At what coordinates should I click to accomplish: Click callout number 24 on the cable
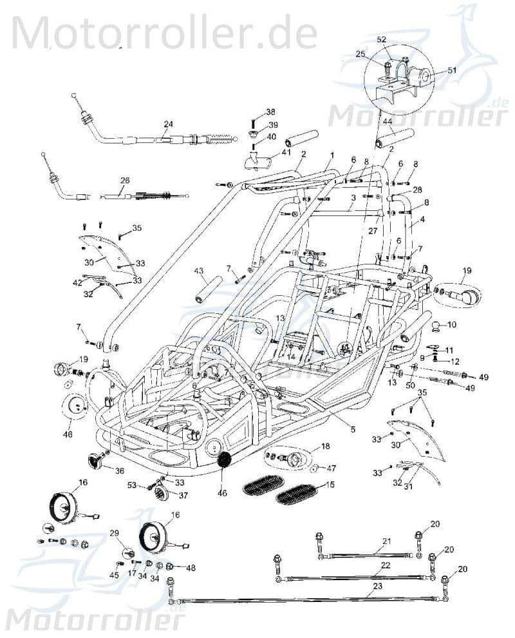point(168,124)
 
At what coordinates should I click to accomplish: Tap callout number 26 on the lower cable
point(125,181)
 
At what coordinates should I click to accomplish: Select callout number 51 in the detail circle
point(451,71)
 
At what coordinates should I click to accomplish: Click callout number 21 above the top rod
point(386,541)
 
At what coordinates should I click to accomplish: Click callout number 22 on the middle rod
point(385,565)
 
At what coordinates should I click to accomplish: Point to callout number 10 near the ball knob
point(451,324)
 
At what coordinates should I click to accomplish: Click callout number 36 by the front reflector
point(119,470)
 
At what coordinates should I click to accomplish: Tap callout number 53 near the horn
point(132,486)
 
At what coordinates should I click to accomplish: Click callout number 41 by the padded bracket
point(268,152)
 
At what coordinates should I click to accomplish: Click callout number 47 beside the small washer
point(332,468)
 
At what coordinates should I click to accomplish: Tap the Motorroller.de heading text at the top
point(164,30)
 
